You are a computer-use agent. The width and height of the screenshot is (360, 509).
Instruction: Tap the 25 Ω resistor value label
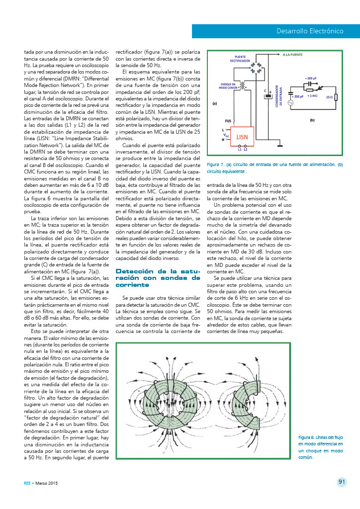[x=329, y=96]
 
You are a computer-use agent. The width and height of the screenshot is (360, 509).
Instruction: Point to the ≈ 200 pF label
[x=311, y=79]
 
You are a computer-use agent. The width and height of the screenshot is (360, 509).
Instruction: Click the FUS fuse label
[x=228, y=121]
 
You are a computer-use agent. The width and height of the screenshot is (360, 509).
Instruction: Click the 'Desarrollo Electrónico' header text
[x=310, y=31]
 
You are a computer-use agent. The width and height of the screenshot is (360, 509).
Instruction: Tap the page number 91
[x=342, y=481]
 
